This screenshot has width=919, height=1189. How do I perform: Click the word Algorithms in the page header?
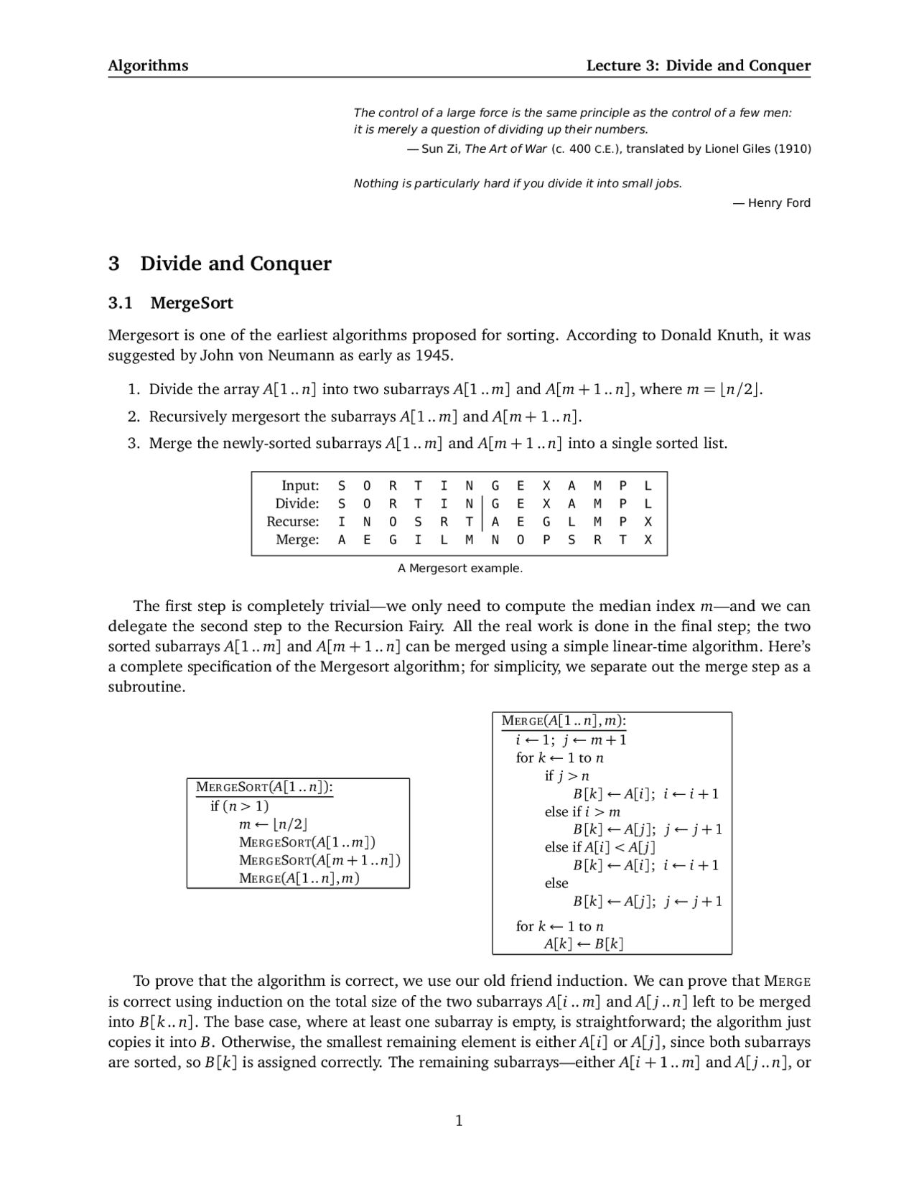[148, 66]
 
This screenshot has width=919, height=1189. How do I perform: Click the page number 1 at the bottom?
[459, 1120]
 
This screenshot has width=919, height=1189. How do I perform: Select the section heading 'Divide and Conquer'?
[235, 264]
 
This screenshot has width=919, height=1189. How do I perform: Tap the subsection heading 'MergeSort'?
[192, 303]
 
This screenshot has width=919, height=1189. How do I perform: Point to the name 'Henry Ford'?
[779, 203]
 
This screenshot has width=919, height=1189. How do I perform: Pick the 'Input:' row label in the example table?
[300, 486]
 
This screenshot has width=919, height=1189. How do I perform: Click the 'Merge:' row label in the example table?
[298, 540]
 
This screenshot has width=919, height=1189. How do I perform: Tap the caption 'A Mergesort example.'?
[460, 569]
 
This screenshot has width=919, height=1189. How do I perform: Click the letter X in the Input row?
[546, 486]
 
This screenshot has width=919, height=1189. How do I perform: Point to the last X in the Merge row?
[648, 540]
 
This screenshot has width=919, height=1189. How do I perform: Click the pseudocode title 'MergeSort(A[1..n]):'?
[264, 788]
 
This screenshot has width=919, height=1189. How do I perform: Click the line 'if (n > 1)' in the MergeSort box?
[240, 806]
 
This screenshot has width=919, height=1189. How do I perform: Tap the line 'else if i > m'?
[582, 812]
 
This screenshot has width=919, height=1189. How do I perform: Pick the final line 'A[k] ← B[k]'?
[584, 944]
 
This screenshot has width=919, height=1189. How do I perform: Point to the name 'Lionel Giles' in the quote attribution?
[739, 149]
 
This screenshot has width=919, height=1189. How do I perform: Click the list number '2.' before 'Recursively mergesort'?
[134, 416]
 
